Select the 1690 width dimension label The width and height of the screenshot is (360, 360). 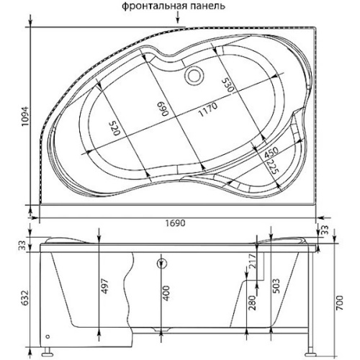(175, 223)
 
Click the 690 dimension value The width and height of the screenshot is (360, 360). (163, 109)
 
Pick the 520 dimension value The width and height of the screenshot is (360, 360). (114, 128)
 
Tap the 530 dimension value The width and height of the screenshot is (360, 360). (228, 85)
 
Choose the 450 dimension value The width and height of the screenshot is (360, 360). (271, 153)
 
